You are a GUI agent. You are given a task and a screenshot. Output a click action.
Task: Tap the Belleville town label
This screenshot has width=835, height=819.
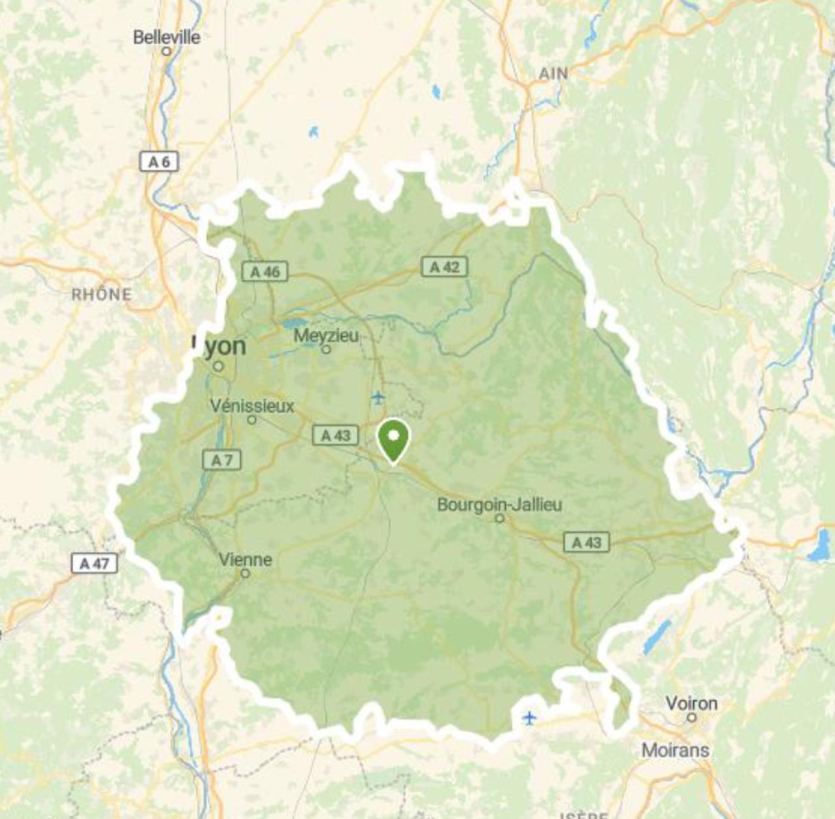tap(166, 37)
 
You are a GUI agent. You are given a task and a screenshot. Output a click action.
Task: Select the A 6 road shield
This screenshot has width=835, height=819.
tap(159, 161)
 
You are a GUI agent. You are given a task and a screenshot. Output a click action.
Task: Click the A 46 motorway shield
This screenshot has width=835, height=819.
tap(265, 271)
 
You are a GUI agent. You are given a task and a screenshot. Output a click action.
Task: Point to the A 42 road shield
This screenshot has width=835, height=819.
tap(444, 266)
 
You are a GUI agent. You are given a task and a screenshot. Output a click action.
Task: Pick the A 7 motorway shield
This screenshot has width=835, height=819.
tap(222, 460)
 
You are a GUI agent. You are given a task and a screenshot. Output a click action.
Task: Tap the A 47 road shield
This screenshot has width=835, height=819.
tap(95, 563)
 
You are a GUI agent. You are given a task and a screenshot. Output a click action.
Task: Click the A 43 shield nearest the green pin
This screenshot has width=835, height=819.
tap(335, 435)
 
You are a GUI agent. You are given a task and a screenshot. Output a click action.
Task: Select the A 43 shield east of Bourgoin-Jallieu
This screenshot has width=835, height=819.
tap(586, 542)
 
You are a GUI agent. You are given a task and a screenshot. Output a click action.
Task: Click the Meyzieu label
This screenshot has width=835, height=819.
tap(326, 335)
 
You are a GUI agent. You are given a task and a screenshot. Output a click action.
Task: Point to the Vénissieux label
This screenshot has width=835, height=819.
tap(252, 406)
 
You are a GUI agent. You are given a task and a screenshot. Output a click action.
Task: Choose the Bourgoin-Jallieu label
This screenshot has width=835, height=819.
tap(500, 504)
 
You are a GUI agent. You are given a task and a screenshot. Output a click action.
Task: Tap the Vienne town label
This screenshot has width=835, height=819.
tap(245, 559)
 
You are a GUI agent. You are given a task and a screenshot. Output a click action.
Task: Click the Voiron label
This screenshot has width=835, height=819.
tap(691, 703)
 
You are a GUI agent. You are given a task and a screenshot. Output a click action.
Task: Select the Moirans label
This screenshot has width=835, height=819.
tap(675, 750)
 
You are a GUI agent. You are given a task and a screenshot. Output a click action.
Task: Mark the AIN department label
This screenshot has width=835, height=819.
tap(553, 74)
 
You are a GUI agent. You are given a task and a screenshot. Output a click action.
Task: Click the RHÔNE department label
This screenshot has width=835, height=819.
tap(101, 294)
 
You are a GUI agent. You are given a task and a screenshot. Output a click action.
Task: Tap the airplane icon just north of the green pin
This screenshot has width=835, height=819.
tap(378, 397)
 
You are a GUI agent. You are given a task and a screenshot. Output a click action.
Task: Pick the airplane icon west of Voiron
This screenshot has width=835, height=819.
tap(530, 719)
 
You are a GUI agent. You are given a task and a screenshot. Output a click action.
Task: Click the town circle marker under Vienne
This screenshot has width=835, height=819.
tap(245, 574)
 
